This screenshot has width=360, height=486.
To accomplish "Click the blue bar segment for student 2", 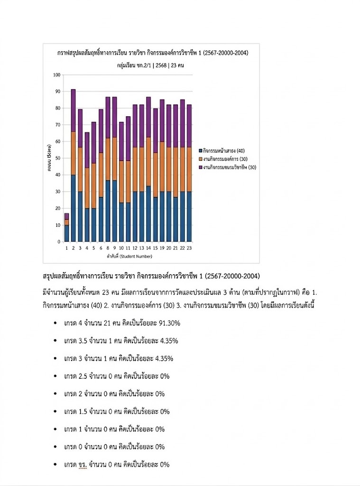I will (x=74, y=208).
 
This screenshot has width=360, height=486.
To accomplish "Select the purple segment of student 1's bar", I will (x=66, y=216).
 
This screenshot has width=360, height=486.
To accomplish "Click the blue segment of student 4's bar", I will (x=87, y=224).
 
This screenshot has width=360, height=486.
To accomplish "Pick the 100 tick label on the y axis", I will (x=57, y=75).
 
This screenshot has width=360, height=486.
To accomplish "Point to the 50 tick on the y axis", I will (x=58, y=159).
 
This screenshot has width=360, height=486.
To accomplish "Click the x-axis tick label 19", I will (x=162, y=248).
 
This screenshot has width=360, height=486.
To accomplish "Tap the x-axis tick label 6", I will (x=101, y=248).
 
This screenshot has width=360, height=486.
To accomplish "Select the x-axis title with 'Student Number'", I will (x=127, y=256).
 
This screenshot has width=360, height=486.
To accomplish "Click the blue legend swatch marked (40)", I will (x=200, y=150).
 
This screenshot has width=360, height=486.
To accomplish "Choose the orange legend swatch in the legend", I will (x=200, y=159).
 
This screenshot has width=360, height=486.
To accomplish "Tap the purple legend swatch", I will (x=200, y=167).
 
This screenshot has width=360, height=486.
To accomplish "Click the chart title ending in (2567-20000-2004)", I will (x=152, y=53).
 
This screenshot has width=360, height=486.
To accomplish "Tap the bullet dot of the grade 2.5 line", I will (x=55, y=376).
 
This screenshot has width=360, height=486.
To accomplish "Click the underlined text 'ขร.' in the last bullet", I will (x=83, y=465).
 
